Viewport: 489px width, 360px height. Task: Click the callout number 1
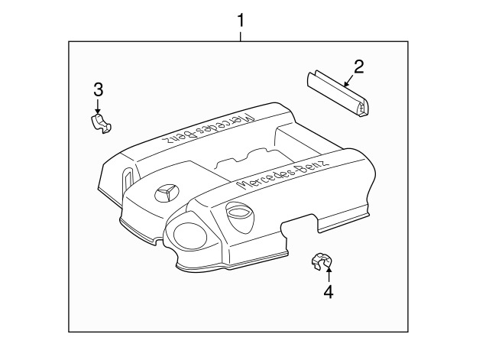(x=241, y=21)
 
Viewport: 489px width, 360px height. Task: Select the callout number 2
(x=358, y=66)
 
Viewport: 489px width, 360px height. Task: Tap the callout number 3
(x=98, y=89)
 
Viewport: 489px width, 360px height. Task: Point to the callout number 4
(x=329, y=292)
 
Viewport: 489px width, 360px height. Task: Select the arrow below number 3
(x=98, y=107)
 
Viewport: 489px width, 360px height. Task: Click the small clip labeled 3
(x=100, y=124)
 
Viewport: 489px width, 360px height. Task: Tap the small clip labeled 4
(x=322, y=261)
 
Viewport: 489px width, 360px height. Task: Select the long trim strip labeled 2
(x=338, y=93)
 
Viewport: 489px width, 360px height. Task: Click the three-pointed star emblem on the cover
(x=167, y=193)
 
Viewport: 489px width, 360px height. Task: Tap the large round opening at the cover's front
(x=190, y=235)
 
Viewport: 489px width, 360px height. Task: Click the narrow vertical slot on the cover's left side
(x=128, y=178)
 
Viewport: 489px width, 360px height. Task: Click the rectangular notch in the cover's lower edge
(x=300, y=223)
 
